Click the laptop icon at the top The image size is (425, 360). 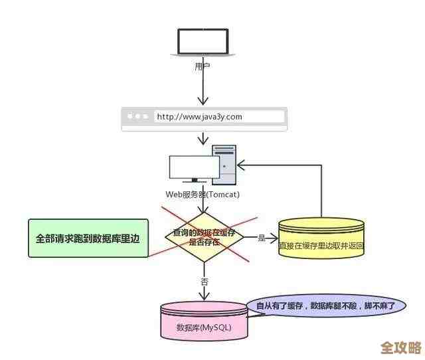(203, 43)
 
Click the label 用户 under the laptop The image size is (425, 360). (203, 66)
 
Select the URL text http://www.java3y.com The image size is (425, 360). (199, 116)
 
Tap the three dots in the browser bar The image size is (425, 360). (138, 116)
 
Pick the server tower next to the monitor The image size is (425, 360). (224, 166)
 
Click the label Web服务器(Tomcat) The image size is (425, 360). (203, 195)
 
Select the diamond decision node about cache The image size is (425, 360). (204, 237)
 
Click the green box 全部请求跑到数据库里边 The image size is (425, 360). (88, 237)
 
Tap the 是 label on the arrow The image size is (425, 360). (261, 238)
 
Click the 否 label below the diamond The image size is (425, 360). (205, 281)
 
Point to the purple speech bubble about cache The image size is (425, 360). (325, 306)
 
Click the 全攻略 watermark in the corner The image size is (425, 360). (401, 347)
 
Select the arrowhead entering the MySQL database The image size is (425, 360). (205, 297)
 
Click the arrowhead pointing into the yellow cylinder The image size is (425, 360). (274, 238)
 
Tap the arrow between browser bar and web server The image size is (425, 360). (204, 139)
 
